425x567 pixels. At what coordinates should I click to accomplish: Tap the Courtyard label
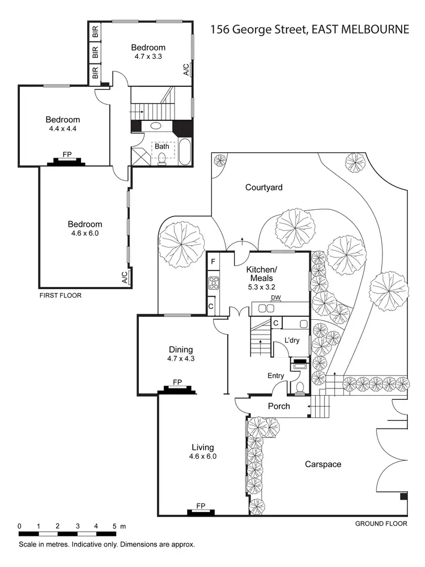[x=263, y=187]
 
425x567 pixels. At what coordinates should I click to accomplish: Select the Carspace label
[x=323, y=464]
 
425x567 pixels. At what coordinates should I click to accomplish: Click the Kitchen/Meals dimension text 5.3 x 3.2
[x=261, y=287]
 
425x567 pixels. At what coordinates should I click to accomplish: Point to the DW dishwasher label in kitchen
[x=276, y=298]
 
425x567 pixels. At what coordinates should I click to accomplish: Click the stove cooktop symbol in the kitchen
[x=214, y=282]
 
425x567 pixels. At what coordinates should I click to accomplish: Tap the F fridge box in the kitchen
[x=213, y=261]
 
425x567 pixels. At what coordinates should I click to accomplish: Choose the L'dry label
[x=292, y=340]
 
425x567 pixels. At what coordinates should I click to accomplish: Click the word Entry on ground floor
[x=276, y=375]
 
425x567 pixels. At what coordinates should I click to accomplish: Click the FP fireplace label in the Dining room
[x=177, y=382]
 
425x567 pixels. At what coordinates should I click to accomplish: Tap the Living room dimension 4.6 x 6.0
[x=203, y=456]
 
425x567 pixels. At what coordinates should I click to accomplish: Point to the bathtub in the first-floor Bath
[x=185, y=150]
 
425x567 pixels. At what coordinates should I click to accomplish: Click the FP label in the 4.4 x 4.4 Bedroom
[x=67, y=154]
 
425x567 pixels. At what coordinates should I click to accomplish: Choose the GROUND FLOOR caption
[x=381, y=524]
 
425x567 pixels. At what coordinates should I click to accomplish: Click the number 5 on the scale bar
[x=115, y=526]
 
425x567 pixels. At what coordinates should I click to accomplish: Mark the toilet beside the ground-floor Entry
[x=299, y=387]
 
